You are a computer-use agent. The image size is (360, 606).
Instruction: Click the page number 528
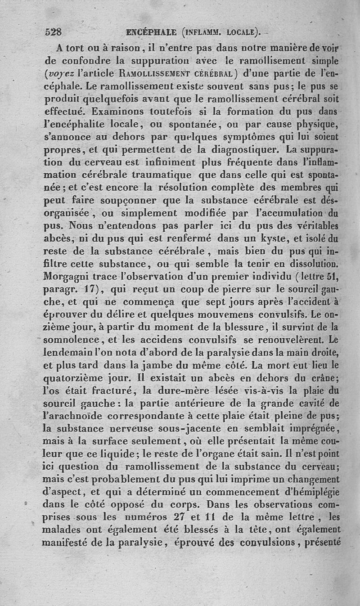click(x=53, y=32)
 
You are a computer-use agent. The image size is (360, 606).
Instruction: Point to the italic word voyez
click(x=60, y=72)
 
